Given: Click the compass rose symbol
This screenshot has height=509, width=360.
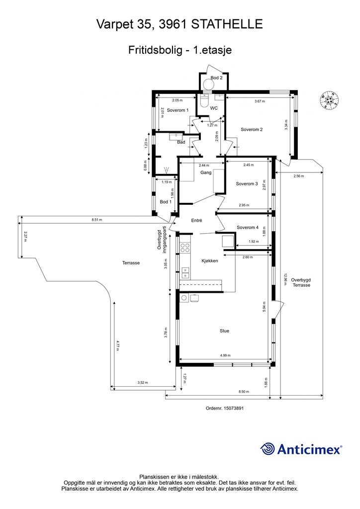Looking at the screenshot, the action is pos(329,100).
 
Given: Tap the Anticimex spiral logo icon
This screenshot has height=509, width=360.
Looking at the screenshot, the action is pos(268,449).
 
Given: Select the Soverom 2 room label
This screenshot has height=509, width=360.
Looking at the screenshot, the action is pos(252,130).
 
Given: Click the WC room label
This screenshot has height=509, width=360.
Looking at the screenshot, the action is pos(214,108).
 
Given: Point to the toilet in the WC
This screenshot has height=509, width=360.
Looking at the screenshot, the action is pos(204,101).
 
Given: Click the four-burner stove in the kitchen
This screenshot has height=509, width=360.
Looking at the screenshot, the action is pos(185,248).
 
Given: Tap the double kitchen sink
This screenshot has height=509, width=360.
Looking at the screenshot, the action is pos(185,273).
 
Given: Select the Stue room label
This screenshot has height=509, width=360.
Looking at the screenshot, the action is pos(224,331).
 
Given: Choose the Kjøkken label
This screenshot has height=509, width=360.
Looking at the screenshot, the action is pos(210,260).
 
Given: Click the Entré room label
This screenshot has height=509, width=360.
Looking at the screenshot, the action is pos(197,220).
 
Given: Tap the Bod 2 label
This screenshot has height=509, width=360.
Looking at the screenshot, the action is pos(216,78).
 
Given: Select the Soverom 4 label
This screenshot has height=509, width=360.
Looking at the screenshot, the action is pos(248,228).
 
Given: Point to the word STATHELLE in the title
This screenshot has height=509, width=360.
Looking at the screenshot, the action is pos(227,24).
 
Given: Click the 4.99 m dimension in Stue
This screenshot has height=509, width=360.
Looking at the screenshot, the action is pos(225,355).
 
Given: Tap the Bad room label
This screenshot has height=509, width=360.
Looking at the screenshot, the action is pos(181,142).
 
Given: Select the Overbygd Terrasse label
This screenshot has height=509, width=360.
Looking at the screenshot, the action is pos(301,282).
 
